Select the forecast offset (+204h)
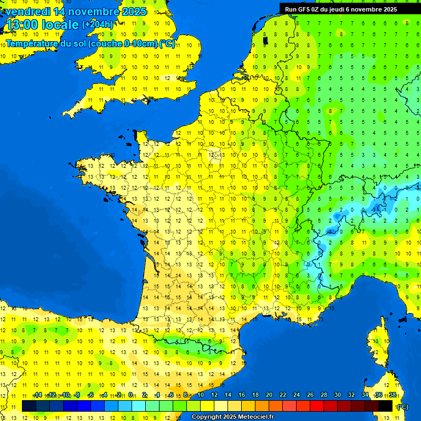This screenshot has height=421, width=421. pyautogui.click(x=98, y=25)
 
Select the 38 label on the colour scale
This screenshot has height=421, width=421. pyautogui.click(x=392, y=395)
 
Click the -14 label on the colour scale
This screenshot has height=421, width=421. pyautogui.click(x=38, y=395)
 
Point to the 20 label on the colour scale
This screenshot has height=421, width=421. pyautogui.click(x=269, y=395)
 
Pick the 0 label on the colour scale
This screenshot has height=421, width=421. pyautogui.click(x=130, y=395)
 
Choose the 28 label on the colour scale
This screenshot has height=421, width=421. pyautogui.click(x=323, y=395)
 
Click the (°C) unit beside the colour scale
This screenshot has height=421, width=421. pyautogui.click(x=403, y=406)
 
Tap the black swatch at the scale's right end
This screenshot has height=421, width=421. pyautogui.click(x=386, y=406)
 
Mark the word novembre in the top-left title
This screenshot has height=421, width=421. pyautogui.click(x=94, y=12)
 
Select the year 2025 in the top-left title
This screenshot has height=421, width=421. pyautogui.click(x=134, y=12)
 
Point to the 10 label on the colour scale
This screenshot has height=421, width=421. pyautogui.click(x=200, y=395)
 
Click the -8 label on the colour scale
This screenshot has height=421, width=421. pyautogui.click(x=77, y=395)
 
